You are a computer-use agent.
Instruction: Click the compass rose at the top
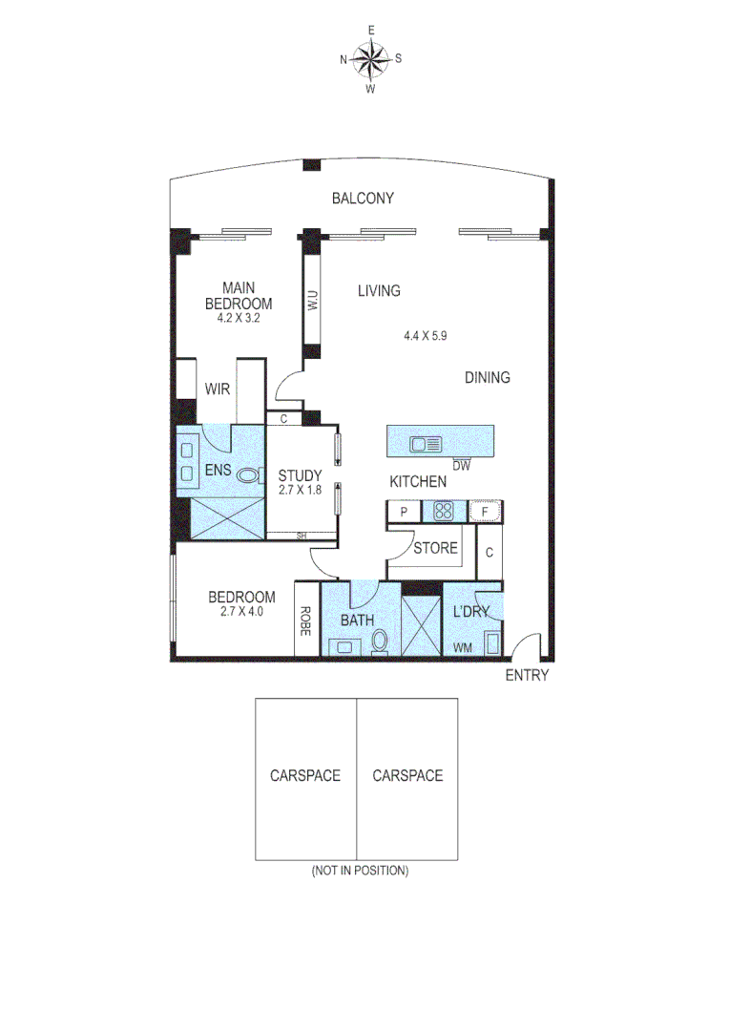370,59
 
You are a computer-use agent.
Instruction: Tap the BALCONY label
363,199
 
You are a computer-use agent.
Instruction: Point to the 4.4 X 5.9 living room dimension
425,335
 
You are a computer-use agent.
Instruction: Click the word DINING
487,377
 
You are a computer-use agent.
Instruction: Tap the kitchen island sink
426,443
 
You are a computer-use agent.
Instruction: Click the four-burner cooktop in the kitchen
442,511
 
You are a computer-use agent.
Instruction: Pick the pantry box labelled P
404,512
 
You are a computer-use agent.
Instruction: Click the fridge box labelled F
485,512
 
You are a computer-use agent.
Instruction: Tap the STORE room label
435,549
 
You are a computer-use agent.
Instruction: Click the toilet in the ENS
249,474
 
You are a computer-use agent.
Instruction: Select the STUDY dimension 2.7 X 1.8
299,490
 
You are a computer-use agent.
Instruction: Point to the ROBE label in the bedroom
307,621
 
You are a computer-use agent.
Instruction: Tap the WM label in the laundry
463,648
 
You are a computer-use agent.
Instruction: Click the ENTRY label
527,676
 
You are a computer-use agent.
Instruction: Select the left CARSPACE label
304,775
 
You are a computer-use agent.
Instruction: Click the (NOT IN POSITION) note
359,871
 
